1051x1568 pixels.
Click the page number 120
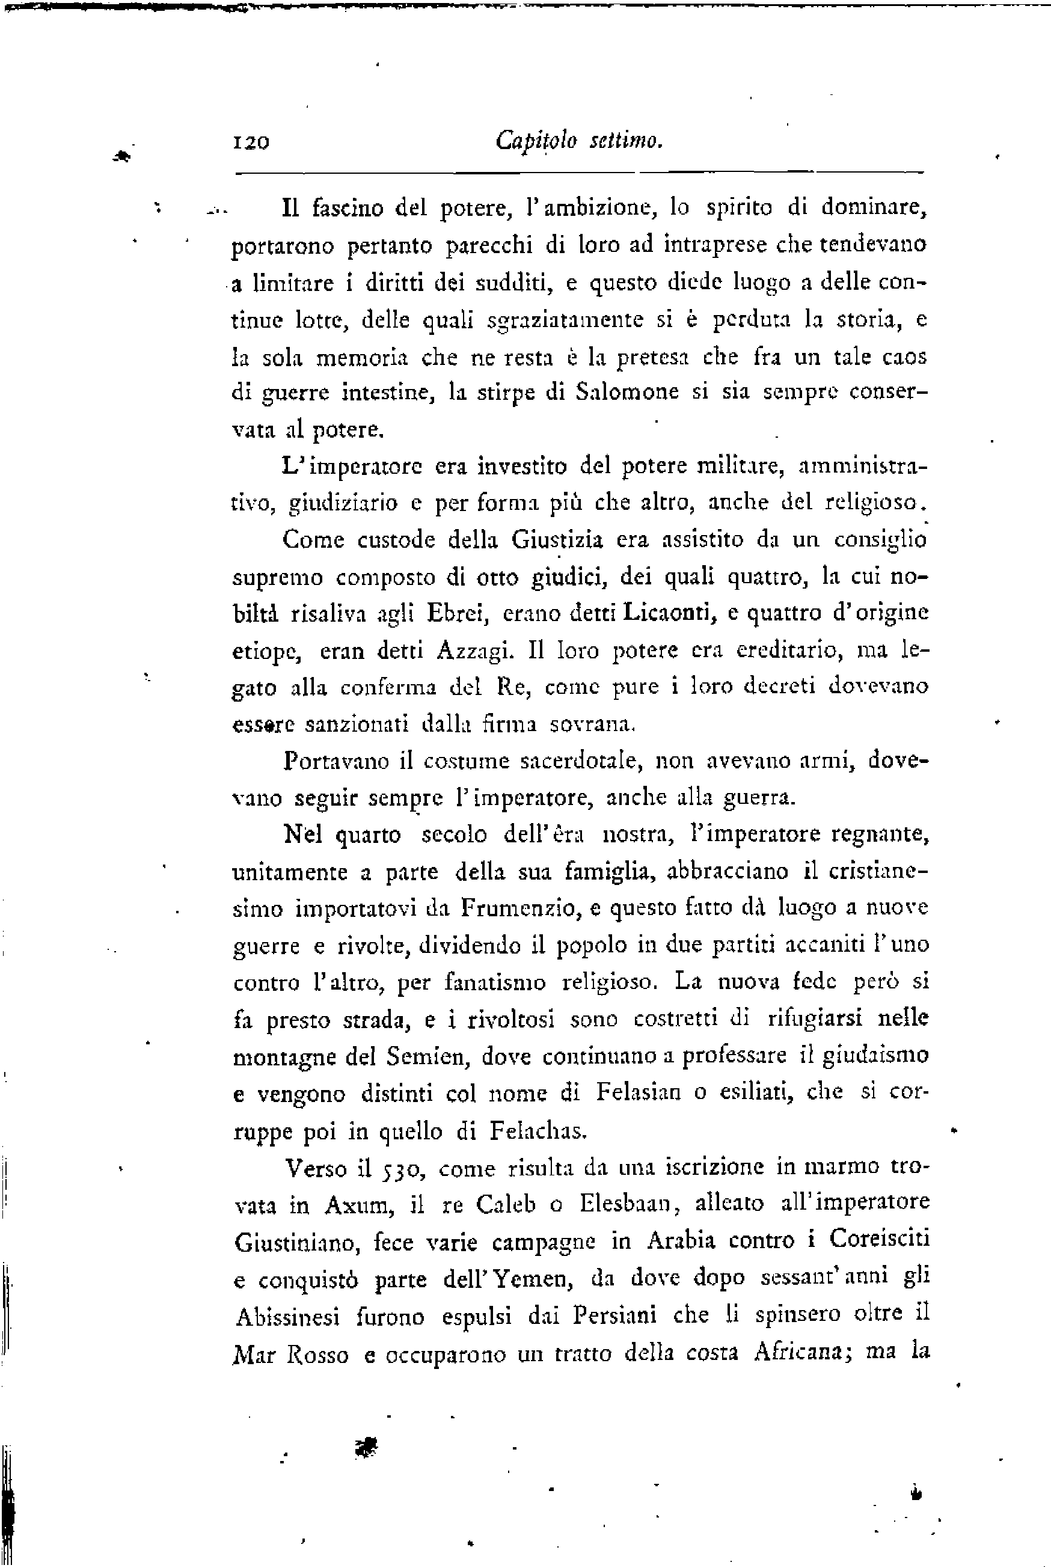coord(250,142)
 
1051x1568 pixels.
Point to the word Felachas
coord(538,1131)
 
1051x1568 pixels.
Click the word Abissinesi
coord(287,1317)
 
